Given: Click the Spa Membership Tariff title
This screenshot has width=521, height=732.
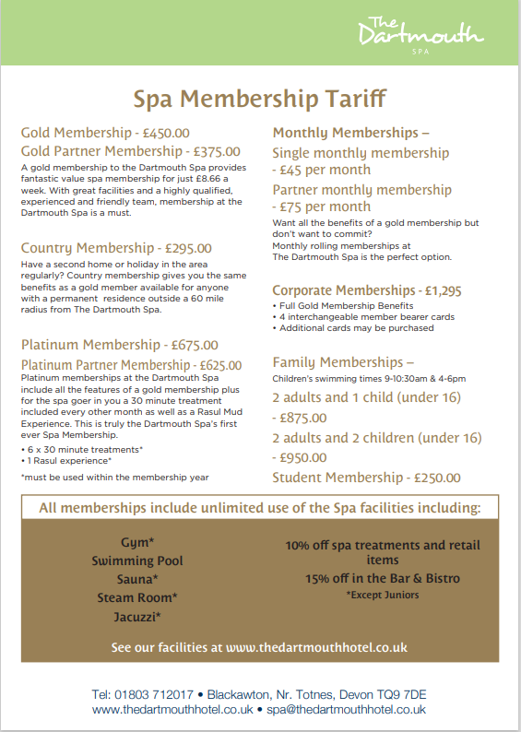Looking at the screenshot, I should click(260, 98).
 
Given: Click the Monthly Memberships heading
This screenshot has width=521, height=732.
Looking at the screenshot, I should click(350, 133).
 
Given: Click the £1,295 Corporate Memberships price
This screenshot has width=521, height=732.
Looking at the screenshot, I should click(442, 290).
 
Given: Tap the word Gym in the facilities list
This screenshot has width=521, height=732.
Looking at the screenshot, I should click(136, 542).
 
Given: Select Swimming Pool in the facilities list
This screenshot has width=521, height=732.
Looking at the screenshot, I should click(137, 561).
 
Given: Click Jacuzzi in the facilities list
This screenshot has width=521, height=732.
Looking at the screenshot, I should click(136, 616).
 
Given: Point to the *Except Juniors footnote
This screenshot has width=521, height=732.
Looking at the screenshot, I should click(382, 595).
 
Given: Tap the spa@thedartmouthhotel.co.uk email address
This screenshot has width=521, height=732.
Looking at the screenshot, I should click(346, 710).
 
